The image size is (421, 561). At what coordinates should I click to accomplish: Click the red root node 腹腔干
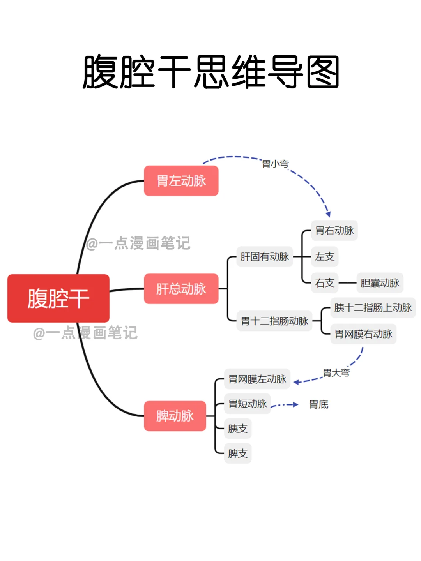click(58, 298)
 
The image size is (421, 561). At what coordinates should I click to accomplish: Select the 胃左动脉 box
click(181, 181)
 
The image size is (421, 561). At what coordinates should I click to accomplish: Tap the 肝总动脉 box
click(181, 289)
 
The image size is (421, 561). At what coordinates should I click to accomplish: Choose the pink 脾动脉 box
click(175, 416)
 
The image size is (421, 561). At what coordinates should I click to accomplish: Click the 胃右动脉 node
click(334, 230)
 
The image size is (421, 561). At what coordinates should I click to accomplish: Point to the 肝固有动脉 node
click(265, 257)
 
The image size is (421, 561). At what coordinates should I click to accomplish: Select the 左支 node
click(325, 257)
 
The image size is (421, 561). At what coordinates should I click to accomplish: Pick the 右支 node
click(325, 283)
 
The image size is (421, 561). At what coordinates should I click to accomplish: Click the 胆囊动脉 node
click(380, 283)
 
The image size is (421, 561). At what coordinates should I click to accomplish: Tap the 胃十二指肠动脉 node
click(274, 321)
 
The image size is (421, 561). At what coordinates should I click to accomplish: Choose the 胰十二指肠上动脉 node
click(373, 308)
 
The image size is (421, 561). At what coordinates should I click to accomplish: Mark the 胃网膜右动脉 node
click(363, 334)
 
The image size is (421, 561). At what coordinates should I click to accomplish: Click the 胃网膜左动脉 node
click(257, 379)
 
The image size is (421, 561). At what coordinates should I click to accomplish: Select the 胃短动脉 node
click(248, 404)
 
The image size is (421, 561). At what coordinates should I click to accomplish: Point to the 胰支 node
click(238, 429)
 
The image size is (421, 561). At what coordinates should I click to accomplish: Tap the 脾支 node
click(238, 453)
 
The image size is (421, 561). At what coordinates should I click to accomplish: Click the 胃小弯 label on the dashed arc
click(275, 164)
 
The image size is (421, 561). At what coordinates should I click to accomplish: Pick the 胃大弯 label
click(336, 373)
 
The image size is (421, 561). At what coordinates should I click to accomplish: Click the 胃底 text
click(319, 405)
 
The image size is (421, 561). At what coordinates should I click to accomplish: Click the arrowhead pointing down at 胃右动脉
click(328, 214)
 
